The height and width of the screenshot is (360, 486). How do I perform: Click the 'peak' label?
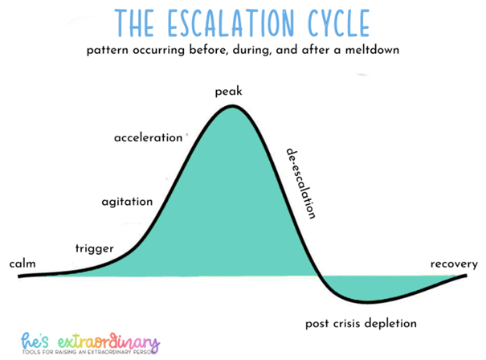point(228,92)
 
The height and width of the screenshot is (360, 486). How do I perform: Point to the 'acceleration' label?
point(149,137)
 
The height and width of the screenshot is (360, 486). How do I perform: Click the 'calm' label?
point(22,264)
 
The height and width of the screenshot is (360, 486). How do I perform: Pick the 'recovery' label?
point(454,264)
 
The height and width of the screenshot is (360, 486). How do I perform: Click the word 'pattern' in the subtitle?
point(112,51)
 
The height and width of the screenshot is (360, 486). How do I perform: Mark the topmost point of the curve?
point(233,106)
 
